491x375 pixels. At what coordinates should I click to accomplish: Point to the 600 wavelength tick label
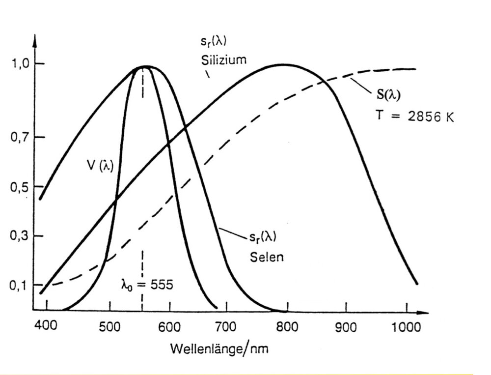[170, 326]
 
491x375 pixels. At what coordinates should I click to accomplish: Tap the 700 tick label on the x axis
[229, 326]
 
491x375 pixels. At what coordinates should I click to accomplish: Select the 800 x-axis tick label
[288, 326]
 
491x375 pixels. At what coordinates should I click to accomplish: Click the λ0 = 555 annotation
[147, 285]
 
